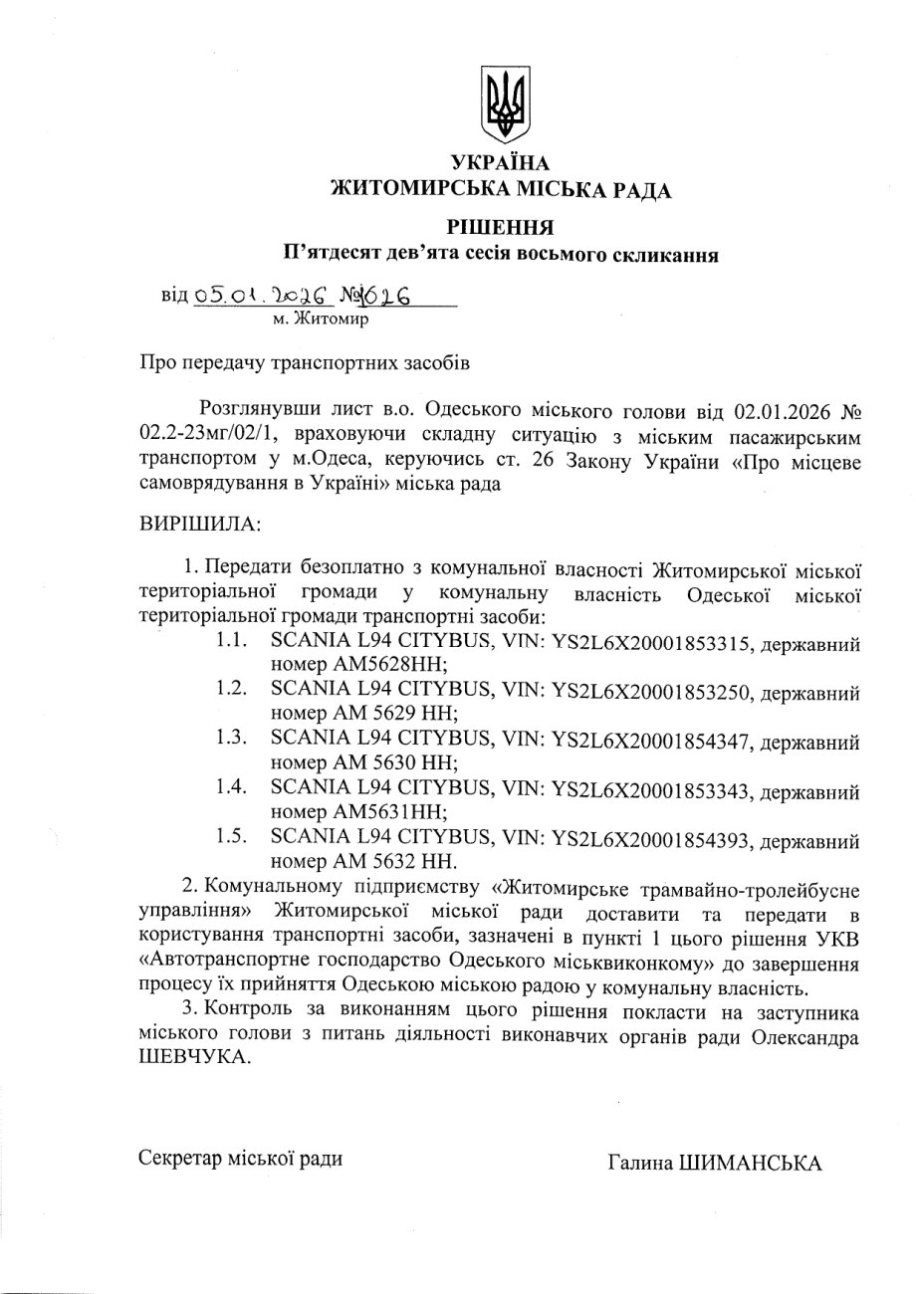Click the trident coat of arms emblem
(x=504, y=104)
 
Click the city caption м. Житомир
(x=321, y=320)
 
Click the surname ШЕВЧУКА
(x=193, y=1058)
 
